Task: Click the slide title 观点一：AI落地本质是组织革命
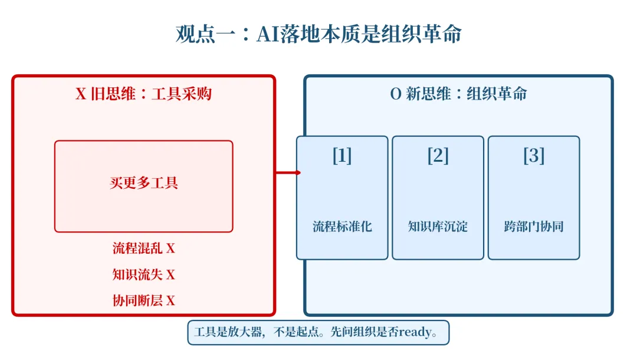point(318,34)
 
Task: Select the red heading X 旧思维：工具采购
point(143,94)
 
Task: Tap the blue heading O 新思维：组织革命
point(458,94)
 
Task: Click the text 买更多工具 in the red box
point(143,183)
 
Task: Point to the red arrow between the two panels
point(288,173)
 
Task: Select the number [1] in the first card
point(342,156)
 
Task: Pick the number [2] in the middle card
point(438,156)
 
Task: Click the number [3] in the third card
point(533,156)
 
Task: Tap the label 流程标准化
point(342,227)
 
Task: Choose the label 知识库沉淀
point(438,227)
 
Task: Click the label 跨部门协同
point(533,227)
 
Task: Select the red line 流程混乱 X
point(143,248)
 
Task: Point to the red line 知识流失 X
point(143,274)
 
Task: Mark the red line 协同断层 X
point(143,300)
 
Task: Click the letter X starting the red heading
point(81,94)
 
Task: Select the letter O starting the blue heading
point(396,94)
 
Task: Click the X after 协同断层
point(170,301)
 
